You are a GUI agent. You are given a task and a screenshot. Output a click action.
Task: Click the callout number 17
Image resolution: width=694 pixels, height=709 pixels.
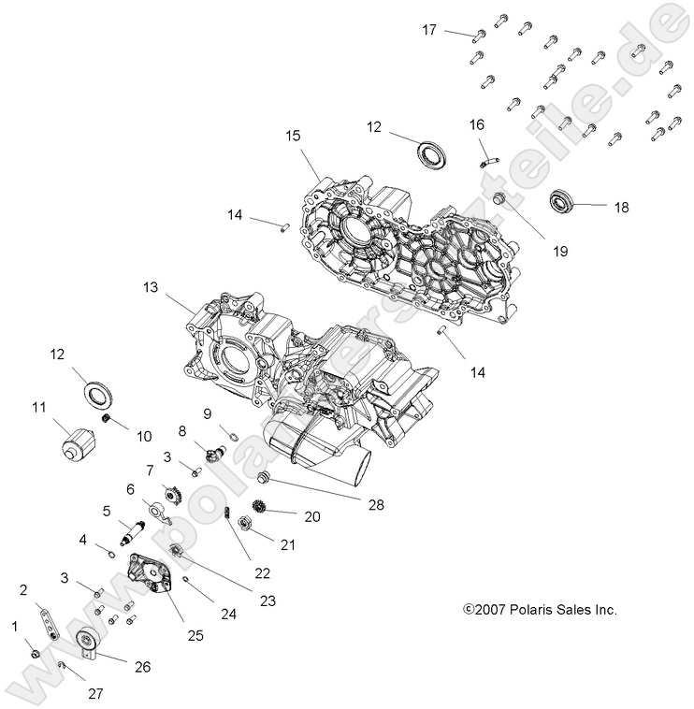point(429,30)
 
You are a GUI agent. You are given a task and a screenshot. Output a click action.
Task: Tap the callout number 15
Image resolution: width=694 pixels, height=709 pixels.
point(294,136)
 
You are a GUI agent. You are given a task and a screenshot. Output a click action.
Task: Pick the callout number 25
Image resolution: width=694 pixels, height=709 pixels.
point(194,635)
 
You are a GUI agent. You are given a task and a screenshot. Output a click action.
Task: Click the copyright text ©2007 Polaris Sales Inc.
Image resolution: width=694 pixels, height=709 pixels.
point(540,609)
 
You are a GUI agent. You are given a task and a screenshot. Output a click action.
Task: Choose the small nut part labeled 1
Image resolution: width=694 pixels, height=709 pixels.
point(33,653)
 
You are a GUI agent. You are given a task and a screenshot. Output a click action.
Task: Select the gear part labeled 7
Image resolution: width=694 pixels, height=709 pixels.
point(171,491)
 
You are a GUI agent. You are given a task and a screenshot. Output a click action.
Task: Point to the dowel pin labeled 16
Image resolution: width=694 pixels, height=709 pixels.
point(485,149)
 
